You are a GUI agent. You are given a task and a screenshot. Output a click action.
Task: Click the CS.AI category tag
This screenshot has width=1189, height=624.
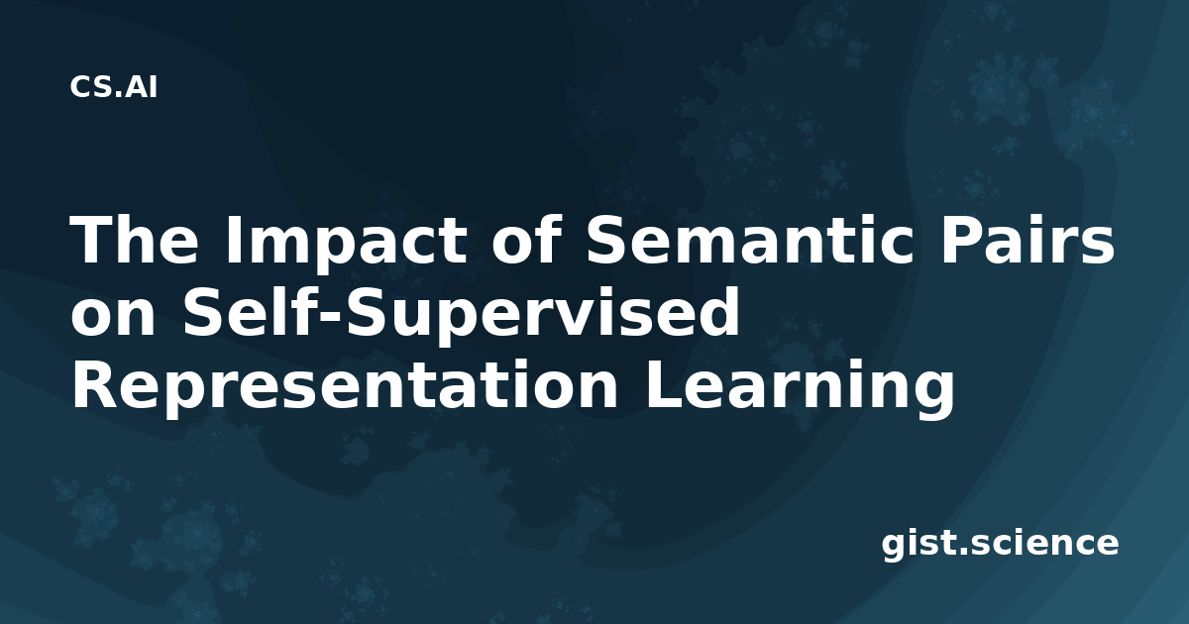point(113,87)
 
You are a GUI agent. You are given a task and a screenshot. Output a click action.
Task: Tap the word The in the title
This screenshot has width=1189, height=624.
point(135,239)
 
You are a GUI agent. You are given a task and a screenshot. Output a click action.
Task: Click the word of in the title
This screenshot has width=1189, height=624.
point(526,239)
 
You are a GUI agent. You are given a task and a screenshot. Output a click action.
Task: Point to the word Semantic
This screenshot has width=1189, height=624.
point(750,239)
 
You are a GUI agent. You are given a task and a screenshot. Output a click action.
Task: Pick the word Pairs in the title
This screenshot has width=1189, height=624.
point(1027,239)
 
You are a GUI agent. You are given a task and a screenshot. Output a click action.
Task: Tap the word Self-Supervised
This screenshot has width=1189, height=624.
point(461,316)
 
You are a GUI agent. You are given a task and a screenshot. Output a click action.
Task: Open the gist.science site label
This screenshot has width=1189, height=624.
point(1000,545)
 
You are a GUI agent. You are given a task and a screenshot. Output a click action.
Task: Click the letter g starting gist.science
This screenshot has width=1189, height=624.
point(894,548)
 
